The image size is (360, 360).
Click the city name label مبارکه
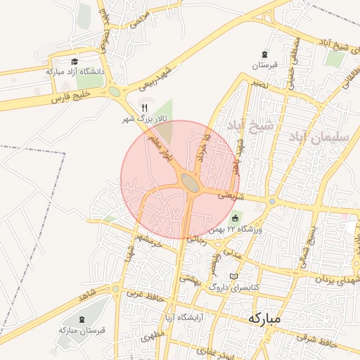tap(264, 319)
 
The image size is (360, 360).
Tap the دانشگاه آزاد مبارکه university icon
tap(75, 62)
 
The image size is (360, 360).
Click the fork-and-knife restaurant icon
tap(145, 108)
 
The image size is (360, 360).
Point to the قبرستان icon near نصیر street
tap(264, 54)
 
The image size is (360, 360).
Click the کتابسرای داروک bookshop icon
tap(234, 276)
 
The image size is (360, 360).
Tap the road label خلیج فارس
tap(72, 96)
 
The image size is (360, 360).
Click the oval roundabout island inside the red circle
tap(190, 183)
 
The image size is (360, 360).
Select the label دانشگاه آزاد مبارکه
tap(75, 72)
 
